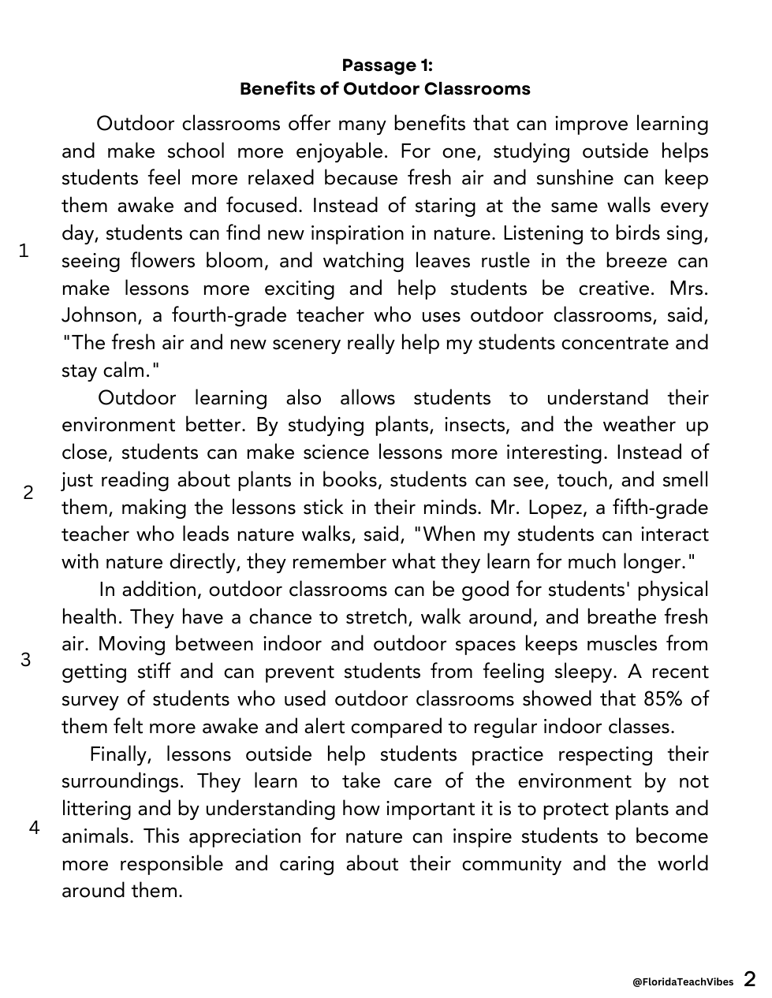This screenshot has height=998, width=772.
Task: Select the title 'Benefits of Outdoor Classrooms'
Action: pyautogui.click(x=385, y=88)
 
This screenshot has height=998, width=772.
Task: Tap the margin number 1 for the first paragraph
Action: pyautogui.click(x=24, y=251)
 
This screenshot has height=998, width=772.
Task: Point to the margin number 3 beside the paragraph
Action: pyautogui.click(x=26, y=660)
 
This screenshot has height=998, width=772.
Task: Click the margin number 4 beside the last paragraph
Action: pyautogui.click(x=34, y=828)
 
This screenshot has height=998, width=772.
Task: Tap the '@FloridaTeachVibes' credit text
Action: pyautogui.click(x=683, y=981)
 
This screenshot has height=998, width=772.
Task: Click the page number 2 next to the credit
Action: pyautogui.click(x=749, y=979)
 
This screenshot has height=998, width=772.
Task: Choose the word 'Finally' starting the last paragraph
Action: pyautogui.click(x=121, y=754)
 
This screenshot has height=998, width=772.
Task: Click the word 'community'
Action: pyautogui.click(x=512, y=864)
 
